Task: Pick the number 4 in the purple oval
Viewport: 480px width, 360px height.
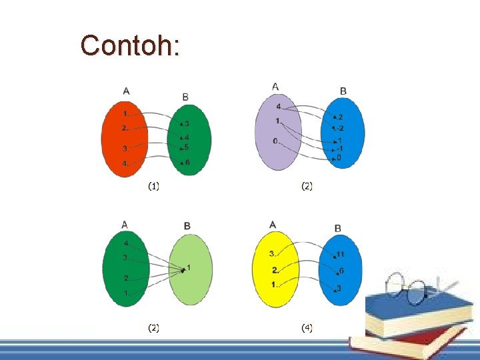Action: pyautogui.click(x=278, y=107)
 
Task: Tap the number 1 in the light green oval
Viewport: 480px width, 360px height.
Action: pyautogui.click(x=189, y=267)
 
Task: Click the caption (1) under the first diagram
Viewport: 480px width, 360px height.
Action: pyautogui.click(x=154, y=187)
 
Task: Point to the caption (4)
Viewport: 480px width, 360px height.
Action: pyautogui.click(x=307, y=327)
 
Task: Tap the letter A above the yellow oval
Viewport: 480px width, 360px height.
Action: pyautogui.click(x=273, y=225)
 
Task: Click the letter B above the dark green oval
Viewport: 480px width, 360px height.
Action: pyautogui.click(x=185, y=97)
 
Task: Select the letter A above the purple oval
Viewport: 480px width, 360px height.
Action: pyautogui.click(x=276, y=86)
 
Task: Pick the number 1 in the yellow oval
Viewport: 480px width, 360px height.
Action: pyautogui.click(x=273, y=285)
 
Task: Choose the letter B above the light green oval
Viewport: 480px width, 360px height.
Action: pyautogui.click(x=187, y=227)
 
